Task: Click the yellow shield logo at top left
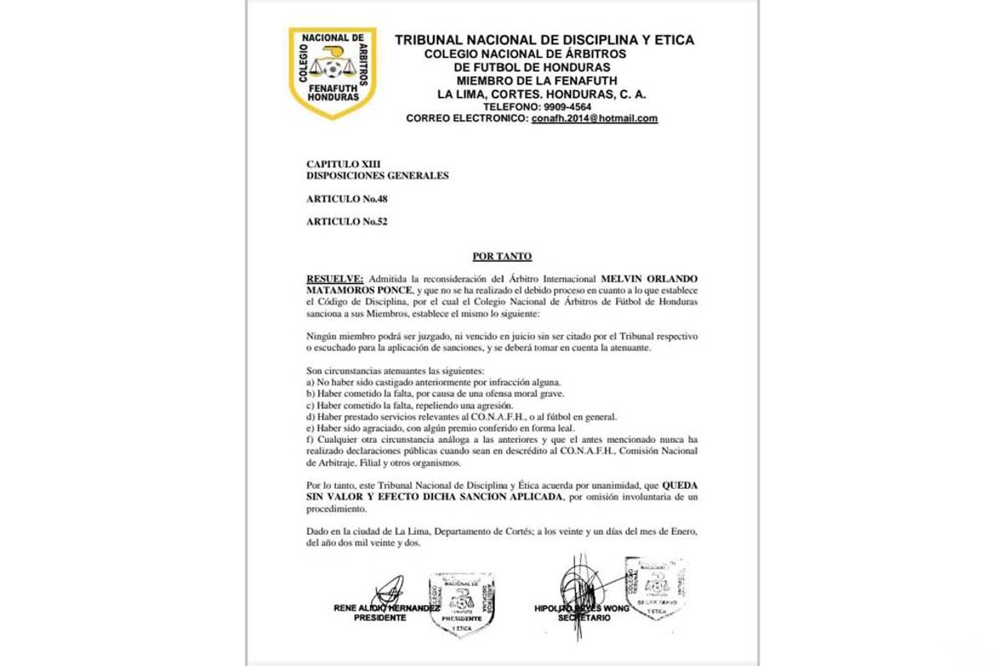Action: pyautogui.click(x=332, y=73)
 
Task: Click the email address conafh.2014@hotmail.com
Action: pyautogui.click(x=594, y=119)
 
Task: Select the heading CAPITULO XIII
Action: pyautogui.click(x=343, y=164)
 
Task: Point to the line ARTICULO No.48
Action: pyautogui.click(x=346, y=199)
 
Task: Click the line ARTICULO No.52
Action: pyautogui.click(x=346, y=221)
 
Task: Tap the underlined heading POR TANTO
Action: pyautogui.click(x=501, y=257)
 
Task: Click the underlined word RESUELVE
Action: pyautogui.click(x=334, y=278)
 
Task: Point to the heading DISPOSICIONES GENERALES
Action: pyautogui.click(x=377, y=175)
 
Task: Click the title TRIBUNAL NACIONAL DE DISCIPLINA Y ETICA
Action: pyautogui.click(x=544, y=40)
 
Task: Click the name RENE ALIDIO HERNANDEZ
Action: pyautogui.click(x=386, y=608)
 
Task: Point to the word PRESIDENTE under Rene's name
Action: pyautogui.click(x=379, y=618)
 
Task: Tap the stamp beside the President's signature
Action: pyautogui.click(x=461, y=604)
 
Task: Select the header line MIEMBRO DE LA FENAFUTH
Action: pyautogui.click(x=537, y=80)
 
